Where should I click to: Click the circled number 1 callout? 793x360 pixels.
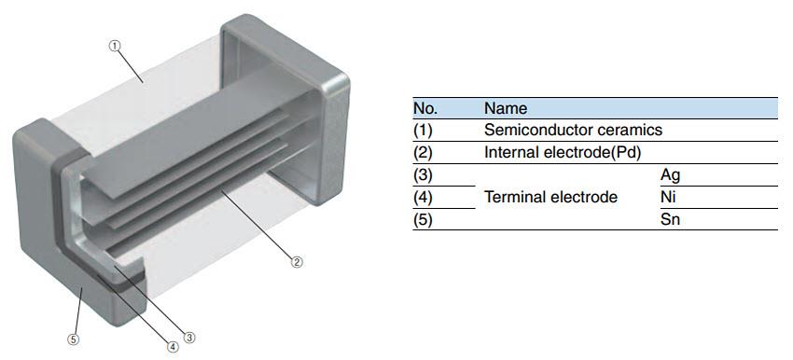[x=115, y=46]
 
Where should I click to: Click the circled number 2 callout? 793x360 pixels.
[x=297, y=261]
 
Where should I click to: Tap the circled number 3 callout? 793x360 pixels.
[x=189, y=338]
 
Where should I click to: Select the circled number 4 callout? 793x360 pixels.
[x=173, y=346]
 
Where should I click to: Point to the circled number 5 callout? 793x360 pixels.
[x=73, y=339]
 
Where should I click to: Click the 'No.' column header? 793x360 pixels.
[x=425, y=108]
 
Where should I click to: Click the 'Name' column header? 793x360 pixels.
[x=505, y=108]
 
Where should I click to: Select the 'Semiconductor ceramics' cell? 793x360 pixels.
[x=573, y=130]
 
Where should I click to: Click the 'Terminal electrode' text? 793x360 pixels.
[x=550, y=197]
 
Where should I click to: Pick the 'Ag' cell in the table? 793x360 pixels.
[x=671, y=174]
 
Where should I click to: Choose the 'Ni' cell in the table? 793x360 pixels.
[x=668, y=197]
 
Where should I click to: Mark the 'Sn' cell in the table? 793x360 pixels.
[x=670, y=220]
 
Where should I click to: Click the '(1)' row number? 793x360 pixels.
[x=423, y=130]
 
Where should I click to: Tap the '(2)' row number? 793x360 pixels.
[x=423, y=152]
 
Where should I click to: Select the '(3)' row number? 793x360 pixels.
[x=423, y=174]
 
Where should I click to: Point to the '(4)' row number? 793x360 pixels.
[x=423, y=197]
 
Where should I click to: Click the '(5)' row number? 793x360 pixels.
[x=423, y=220]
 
